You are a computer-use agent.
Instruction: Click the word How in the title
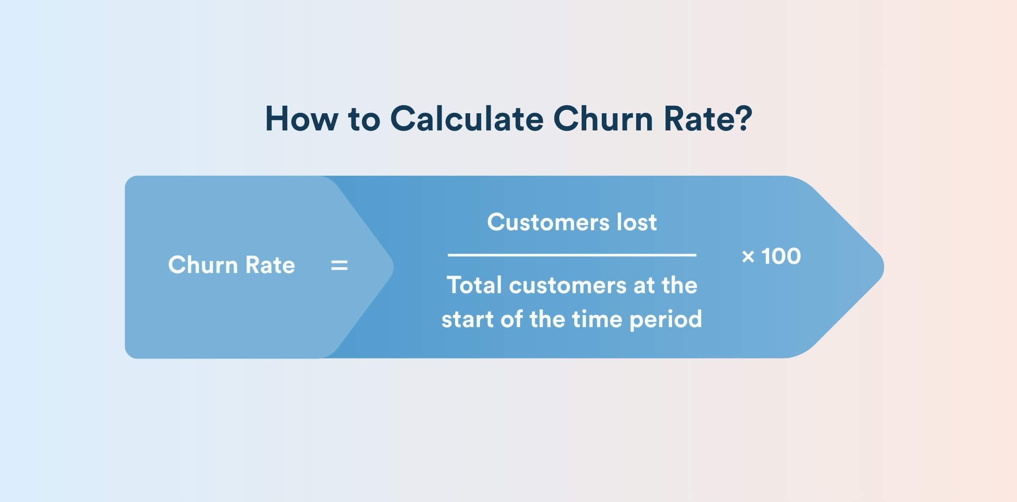(x=302, y=119)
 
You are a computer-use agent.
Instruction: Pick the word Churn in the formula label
(x=203, y=265)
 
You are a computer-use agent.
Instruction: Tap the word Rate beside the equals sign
(x=270, y=265)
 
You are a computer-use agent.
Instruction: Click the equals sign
(x=339, y=265)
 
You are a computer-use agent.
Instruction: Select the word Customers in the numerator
(x=548, y=222)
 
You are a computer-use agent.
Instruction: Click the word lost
(x=637, y=222)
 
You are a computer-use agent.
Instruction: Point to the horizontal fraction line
(x=572, y=255)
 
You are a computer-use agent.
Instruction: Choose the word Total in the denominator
(x=474, y=285)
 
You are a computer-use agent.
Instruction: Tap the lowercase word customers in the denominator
(x=567, y=286)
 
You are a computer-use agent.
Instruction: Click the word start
(x=467, y=320)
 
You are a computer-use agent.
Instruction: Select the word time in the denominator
(x=597, y=319)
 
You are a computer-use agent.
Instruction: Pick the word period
(x=666, y=320)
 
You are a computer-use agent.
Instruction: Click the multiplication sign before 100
(x=748, y=256)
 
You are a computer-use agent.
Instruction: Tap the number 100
(x=781, y=256)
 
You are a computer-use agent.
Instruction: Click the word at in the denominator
(x=644, y=286)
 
